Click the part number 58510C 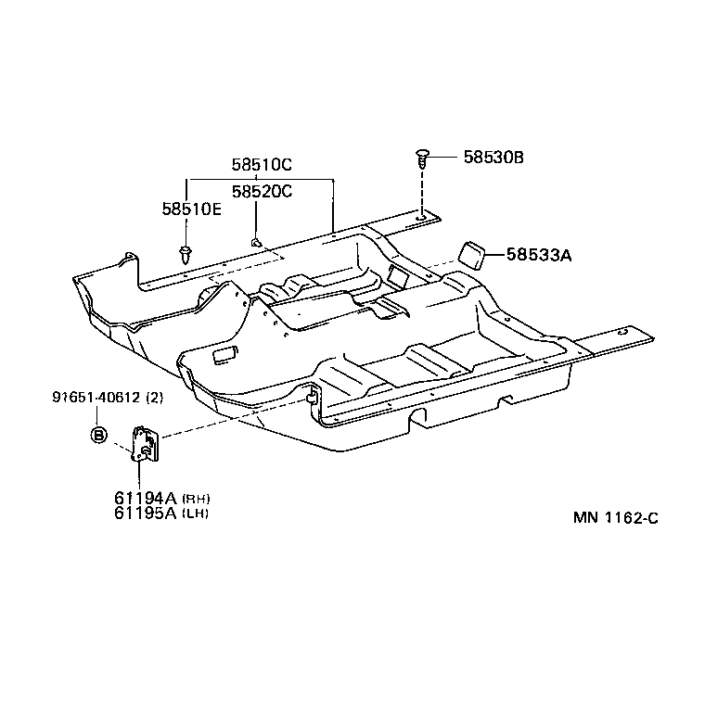[262, 165]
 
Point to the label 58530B [493, 158]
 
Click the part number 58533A [538, 254]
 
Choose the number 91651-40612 [95, 398]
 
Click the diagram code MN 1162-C [615, 518]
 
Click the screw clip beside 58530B [423, 158]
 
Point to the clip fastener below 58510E [186, 251]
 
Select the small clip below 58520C [254, 243]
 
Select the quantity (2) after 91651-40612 [154, 398]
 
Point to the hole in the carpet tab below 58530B [421, 220]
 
